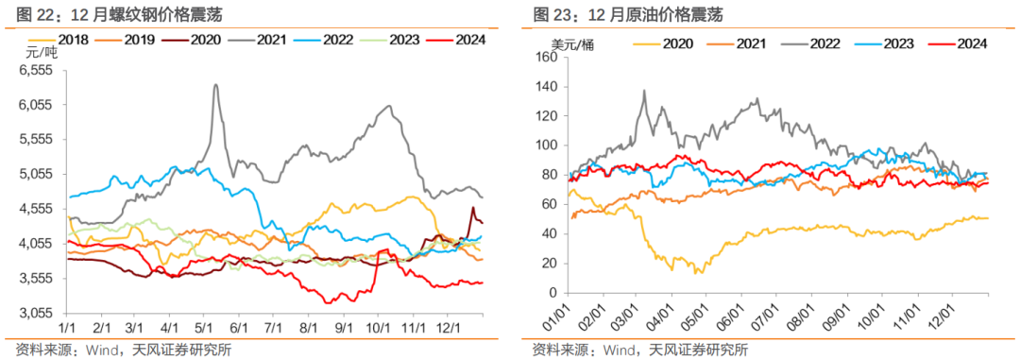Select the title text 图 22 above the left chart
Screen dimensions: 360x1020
point(25,14)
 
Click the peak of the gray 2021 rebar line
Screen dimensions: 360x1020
point(216,85)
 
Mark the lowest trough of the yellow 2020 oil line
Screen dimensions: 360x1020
point(698,272)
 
